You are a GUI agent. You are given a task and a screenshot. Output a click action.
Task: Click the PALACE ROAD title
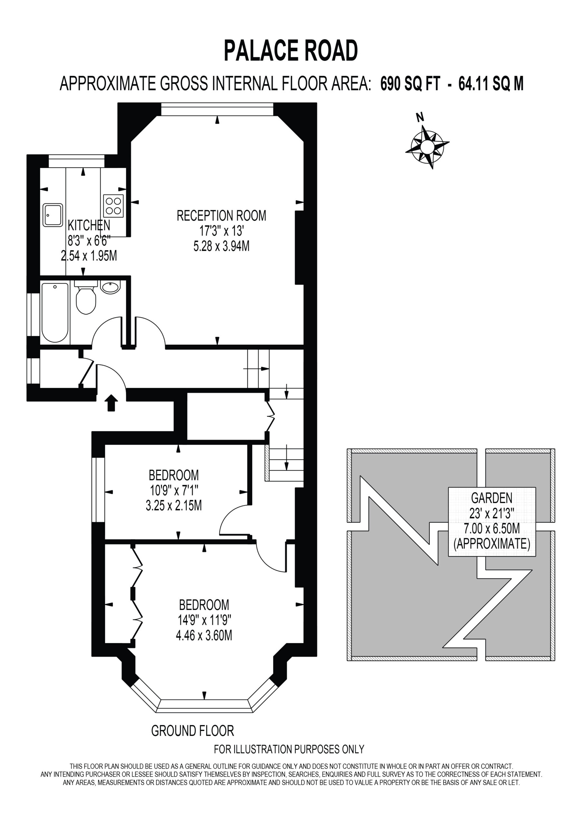pos(291,51)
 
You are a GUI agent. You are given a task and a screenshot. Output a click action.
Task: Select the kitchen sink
pos(53,215)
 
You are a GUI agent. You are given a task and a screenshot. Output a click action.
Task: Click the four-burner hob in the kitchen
pos(113,206)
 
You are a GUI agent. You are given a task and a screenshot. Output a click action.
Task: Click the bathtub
pos(55,313)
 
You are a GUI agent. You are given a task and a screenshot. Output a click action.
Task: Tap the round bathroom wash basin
pos(110,287)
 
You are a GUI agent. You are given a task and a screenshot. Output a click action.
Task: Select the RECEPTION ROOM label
pos(222,216)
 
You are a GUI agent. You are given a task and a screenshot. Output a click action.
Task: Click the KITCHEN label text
pos(89,225)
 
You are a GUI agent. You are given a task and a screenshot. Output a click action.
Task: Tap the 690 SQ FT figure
pos(410,84)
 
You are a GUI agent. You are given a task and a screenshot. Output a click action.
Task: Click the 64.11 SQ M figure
pos(491,84)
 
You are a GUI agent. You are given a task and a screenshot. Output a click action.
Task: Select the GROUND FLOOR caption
pos(193,731)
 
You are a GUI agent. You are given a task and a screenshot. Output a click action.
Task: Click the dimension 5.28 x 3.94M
pos(222,246)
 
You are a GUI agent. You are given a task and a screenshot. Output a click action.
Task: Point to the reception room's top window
pos(217,109)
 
